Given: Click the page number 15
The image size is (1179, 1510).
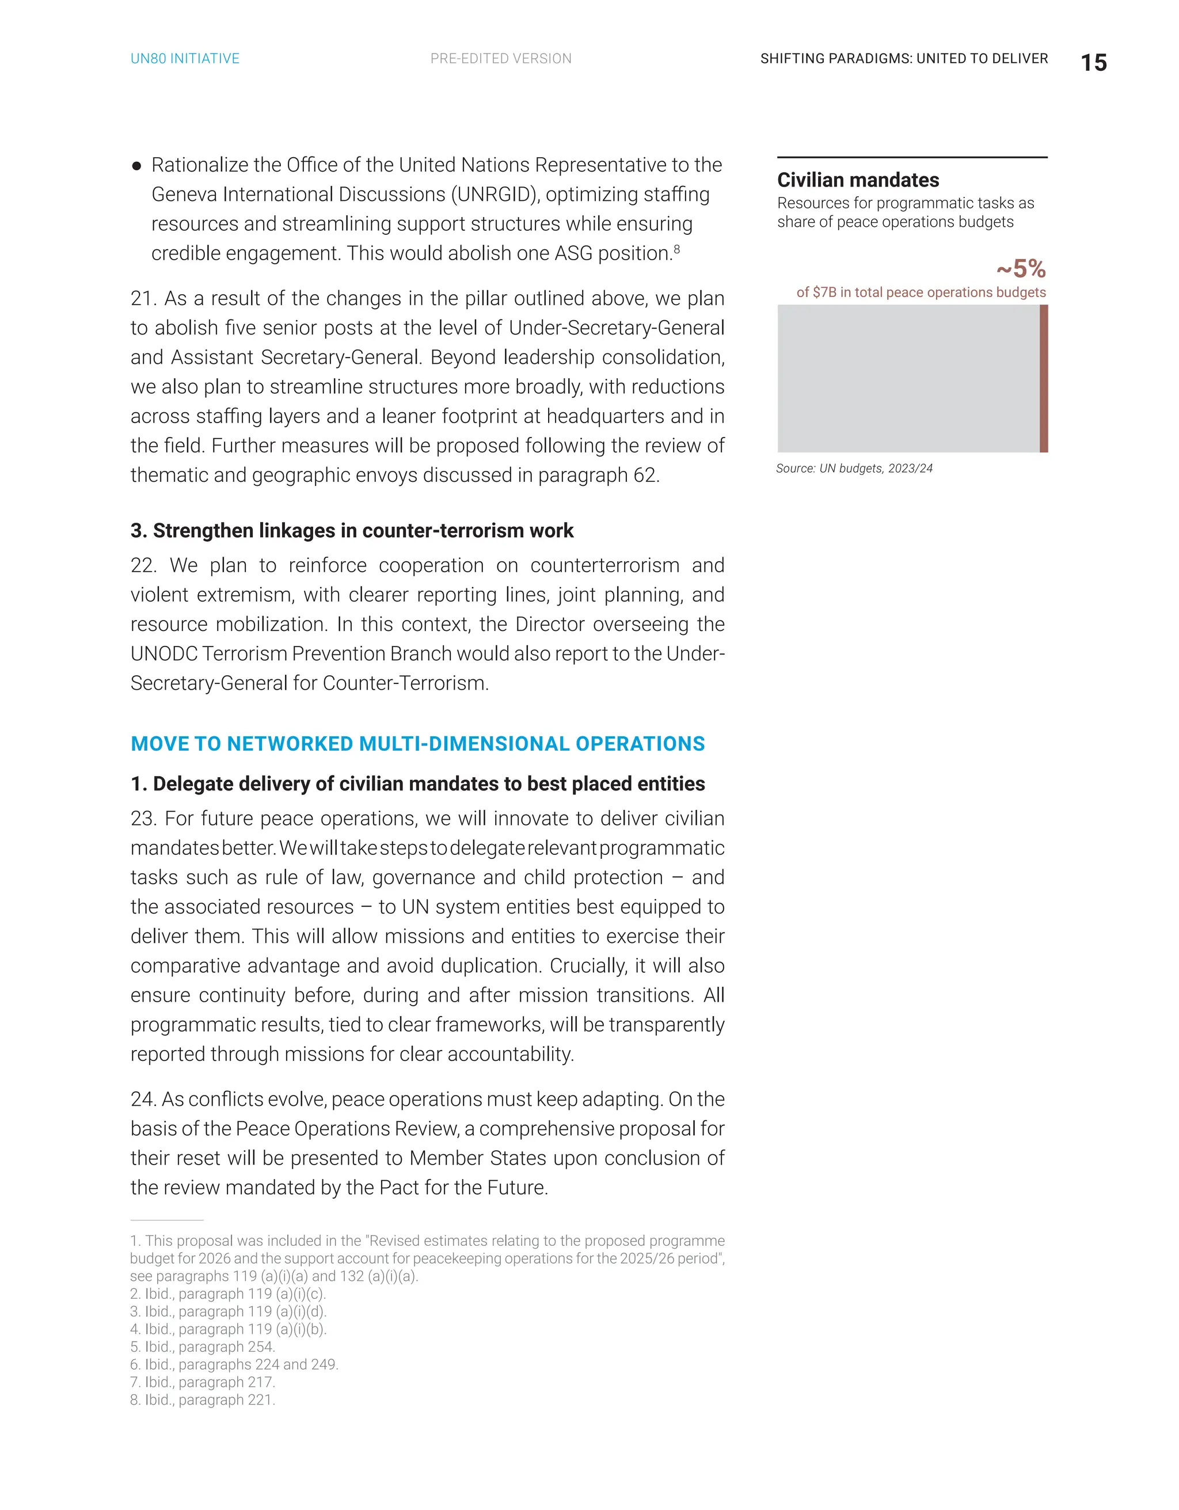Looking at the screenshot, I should [1093, 63].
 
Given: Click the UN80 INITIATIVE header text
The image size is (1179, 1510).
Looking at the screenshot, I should [185, 59].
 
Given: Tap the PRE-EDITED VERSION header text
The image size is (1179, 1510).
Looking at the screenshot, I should [501, 59].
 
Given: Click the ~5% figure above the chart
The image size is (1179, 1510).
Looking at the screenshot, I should [1021, 268].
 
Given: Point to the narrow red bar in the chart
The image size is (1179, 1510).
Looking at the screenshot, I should [1044, 379].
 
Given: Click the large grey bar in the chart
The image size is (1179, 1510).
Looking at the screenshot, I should [907, 379].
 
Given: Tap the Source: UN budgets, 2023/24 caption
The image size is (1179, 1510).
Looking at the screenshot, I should [854, 469].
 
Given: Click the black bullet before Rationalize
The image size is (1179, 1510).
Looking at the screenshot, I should [137, 166].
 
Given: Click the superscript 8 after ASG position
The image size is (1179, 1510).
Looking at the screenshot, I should [677, 249].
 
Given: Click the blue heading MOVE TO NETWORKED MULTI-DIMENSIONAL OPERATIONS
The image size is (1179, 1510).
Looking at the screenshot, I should [418, 744].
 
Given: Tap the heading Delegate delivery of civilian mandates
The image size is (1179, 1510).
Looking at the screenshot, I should [418, 784].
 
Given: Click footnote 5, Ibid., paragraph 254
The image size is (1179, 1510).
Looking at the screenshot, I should [203, 1347].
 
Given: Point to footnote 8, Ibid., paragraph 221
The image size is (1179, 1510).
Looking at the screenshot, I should [203, 1400].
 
